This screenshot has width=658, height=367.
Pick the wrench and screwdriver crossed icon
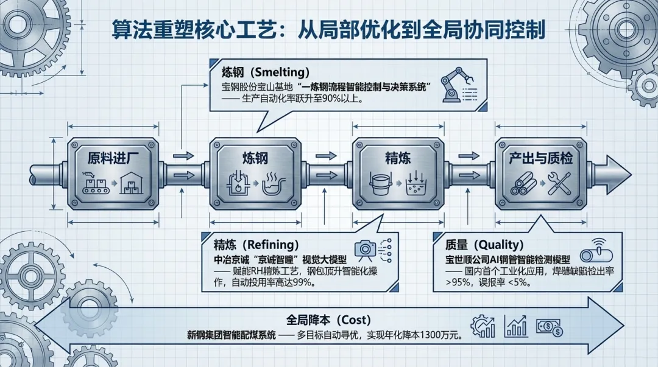(x=559, y=183)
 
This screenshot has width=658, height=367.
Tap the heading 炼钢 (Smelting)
(x=265, y=72)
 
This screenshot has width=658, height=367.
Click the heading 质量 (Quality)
(x=484, y=245)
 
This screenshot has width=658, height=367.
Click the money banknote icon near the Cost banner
(x=549, y=328)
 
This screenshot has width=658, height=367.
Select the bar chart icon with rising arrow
(x=515, y=327)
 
